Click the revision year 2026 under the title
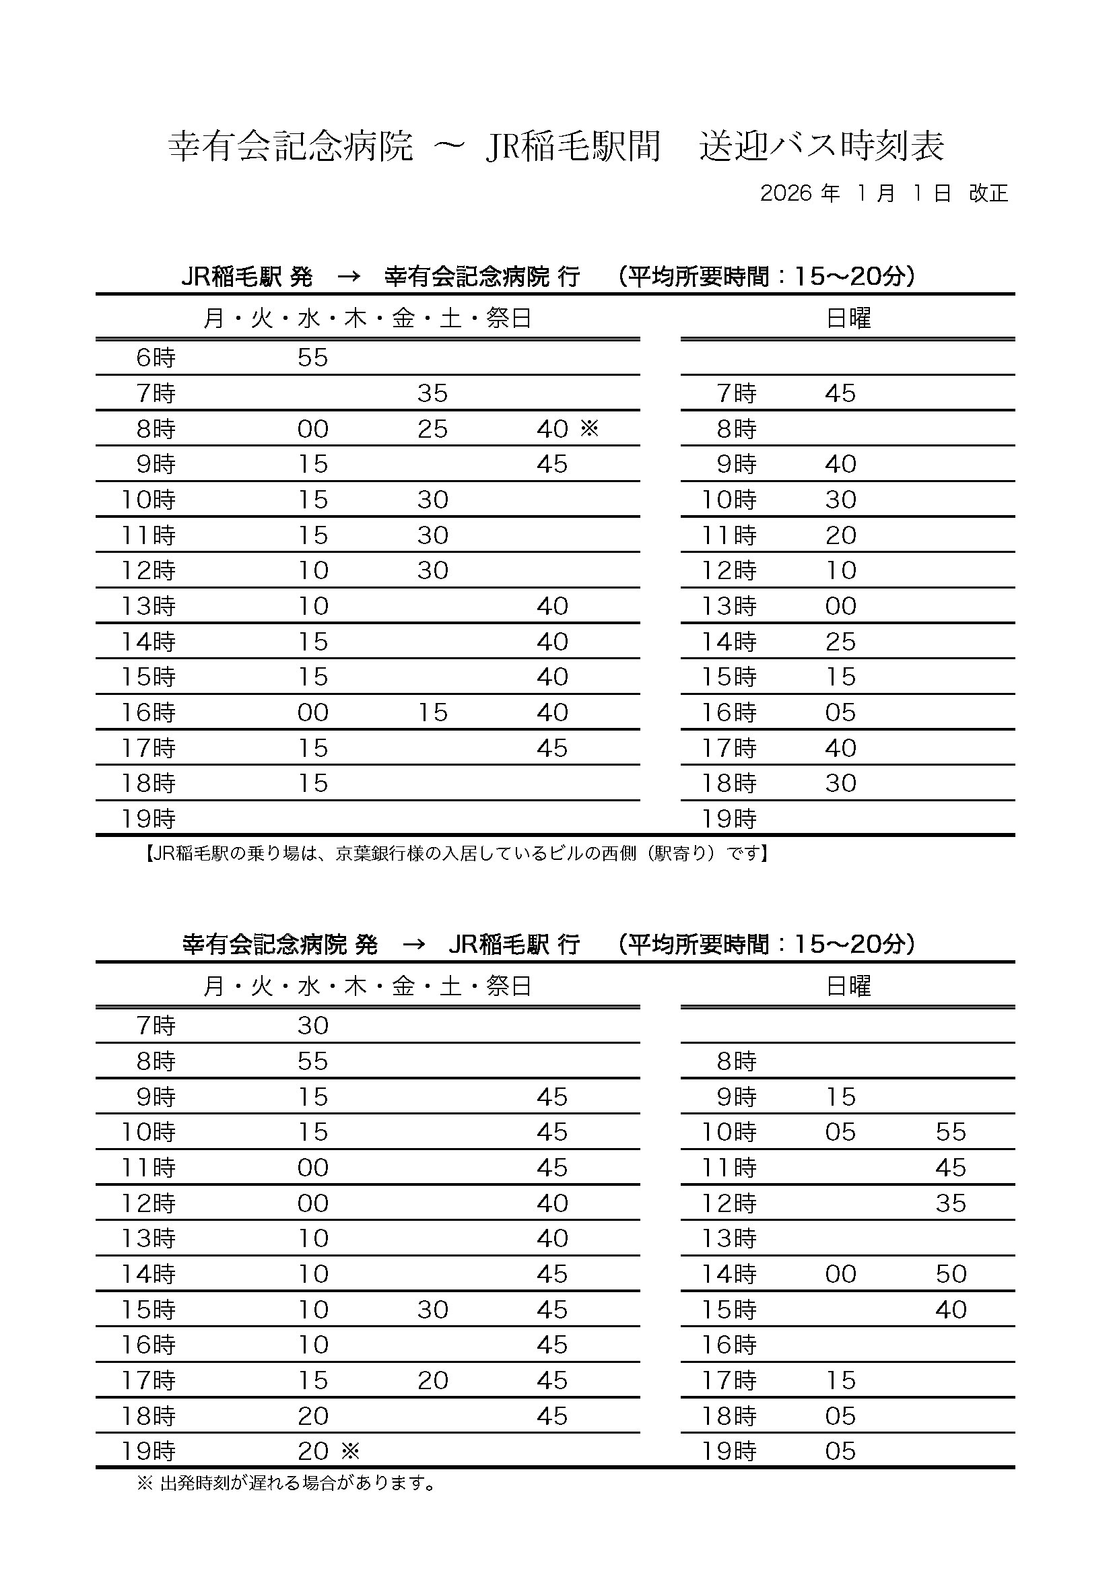point(786,193)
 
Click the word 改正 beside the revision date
point(988,193)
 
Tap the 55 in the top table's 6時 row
point(312,358)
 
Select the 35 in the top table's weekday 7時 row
point(433,393)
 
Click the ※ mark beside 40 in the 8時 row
point(590,428)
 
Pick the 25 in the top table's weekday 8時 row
point(433,429)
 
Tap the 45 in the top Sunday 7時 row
point(841,393)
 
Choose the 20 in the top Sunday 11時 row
point(841,535)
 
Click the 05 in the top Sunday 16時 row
point(841,712)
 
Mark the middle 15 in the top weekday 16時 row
point(433,712)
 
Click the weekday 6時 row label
point(156,358)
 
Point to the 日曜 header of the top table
point(848,319)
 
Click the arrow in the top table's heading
point(349,277)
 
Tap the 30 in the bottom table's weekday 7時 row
point(312,1026)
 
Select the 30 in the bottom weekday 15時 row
point(433,1310)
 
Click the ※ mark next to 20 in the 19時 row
point(350,1451)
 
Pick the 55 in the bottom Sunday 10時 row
point(951,1132)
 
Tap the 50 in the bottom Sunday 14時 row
point(951,1274)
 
